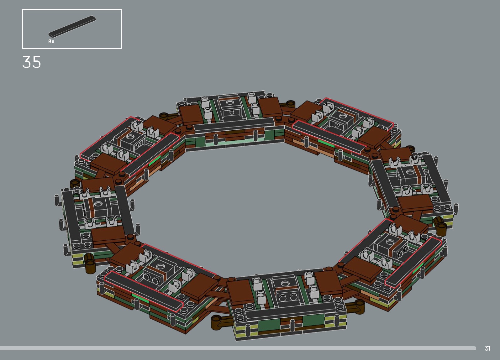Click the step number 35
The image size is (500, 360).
(31, 62)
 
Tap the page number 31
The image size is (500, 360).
(487, 348)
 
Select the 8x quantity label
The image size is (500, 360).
(51, 41)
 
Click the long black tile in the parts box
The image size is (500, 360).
(72, 26)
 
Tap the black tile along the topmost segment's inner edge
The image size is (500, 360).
(234, 125)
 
